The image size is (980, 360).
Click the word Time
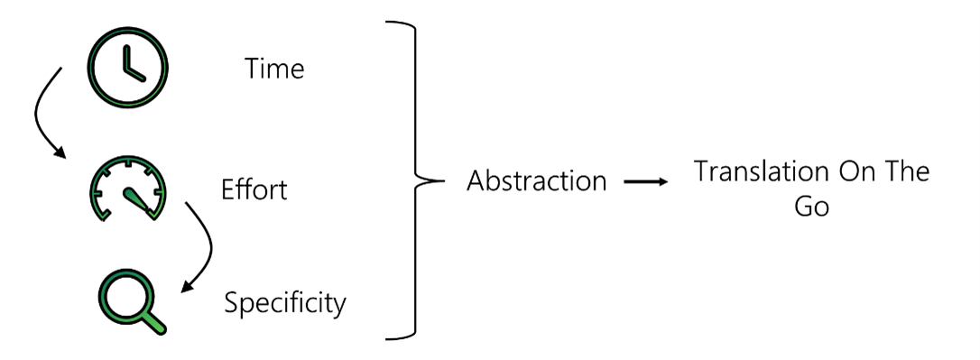273,69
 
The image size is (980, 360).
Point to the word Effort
254,191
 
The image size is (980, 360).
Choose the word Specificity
285,302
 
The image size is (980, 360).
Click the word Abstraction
536,180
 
